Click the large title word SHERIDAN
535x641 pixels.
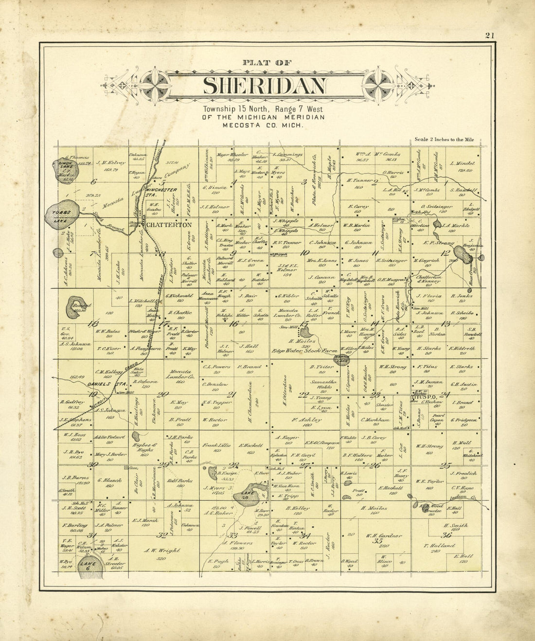coord(265,86)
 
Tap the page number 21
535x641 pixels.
coord(489,35)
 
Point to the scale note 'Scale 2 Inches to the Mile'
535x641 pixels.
coord(444,140)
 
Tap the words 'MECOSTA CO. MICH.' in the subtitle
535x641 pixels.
coord(263,125)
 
